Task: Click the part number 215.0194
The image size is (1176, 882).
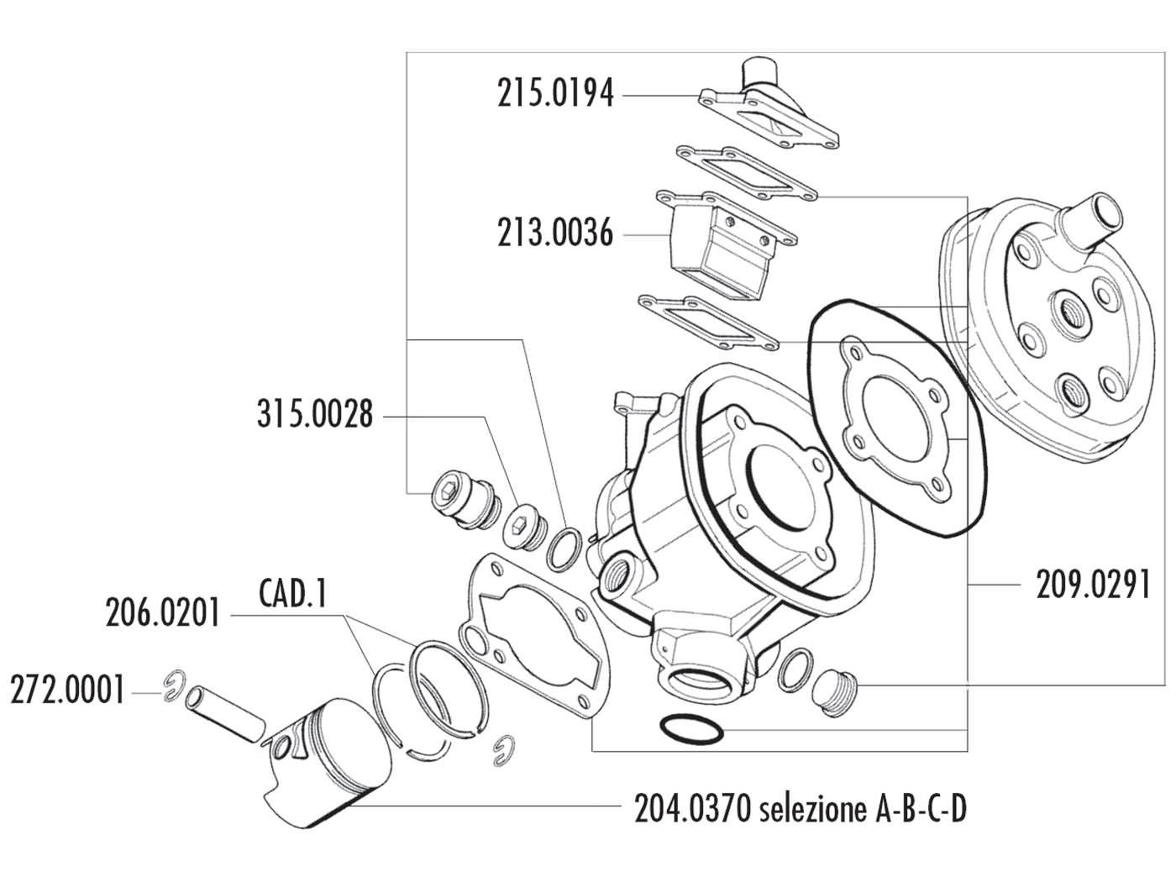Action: (x=554, y=94)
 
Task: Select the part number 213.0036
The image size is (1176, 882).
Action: (x=554, y=233)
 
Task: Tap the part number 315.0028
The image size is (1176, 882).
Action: (x=314, y=415)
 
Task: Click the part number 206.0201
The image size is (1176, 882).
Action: (x=162, y=613)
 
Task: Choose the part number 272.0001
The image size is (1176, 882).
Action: (x=67, y=692)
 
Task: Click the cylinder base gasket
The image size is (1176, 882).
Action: (x=529, y=630)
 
